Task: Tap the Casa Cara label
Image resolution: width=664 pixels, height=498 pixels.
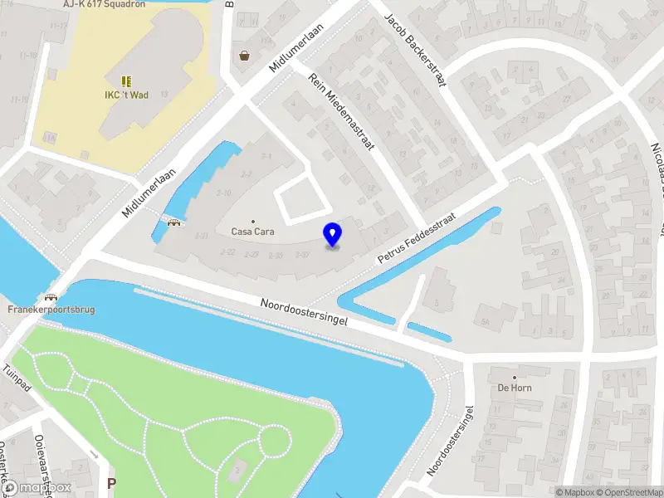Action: (252, 232)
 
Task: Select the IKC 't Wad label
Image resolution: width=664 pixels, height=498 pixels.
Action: (126, 95)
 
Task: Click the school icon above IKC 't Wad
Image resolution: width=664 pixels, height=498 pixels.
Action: (126, 81)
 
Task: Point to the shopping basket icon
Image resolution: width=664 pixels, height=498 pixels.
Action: (245, 56)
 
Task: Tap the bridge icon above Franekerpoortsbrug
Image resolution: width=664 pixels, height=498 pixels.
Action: (51, 297)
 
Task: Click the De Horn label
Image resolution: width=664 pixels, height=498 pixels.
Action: (515, 388)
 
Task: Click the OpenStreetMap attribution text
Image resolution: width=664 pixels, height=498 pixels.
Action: (627, 492)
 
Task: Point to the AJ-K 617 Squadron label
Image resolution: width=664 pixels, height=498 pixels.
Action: (104, 4)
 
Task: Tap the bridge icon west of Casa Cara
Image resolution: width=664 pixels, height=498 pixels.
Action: (174, 221)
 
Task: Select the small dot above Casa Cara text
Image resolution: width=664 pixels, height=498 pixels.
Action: (253, 222)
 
